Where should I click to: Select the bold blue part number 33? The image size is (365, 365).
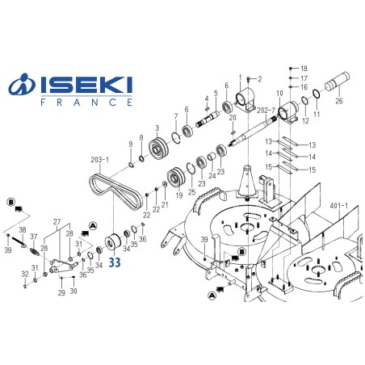click(x=115, y=262)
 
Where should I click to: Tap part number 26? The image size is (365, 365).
click(x=339, y=101)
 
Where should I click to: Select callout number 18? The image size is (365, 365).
click(x=304, y=68)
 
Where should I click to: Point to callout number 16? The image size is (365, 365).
click(x=304, y=87)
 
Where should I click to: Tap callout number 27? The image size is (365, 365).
click(x=57, y=220)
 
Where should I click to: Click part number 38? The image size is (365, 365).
click(x=23, y=230)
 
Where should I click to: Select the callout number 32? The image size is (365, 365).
click(x=25, y=275)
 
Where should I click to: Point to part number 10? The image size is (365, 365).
click(x=279, y=94)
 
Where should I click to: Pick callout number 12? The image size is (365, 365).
click(x=304, y=121)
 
